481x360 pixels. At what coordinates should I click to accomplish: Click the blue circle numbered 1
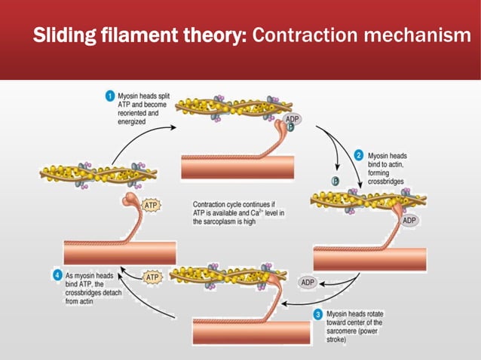110,96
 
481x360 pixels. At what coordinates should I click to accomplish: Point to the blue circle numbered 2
360,153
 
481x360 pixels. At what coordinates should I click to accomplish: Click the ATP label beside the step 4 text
153,277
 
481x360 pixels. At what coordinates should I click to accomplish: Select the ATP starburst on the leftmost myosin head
150,205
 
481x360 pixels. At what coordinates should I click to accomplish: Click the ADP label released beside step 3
308,282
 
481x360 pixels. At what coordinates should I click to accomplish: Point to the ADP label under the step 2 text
409,221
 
